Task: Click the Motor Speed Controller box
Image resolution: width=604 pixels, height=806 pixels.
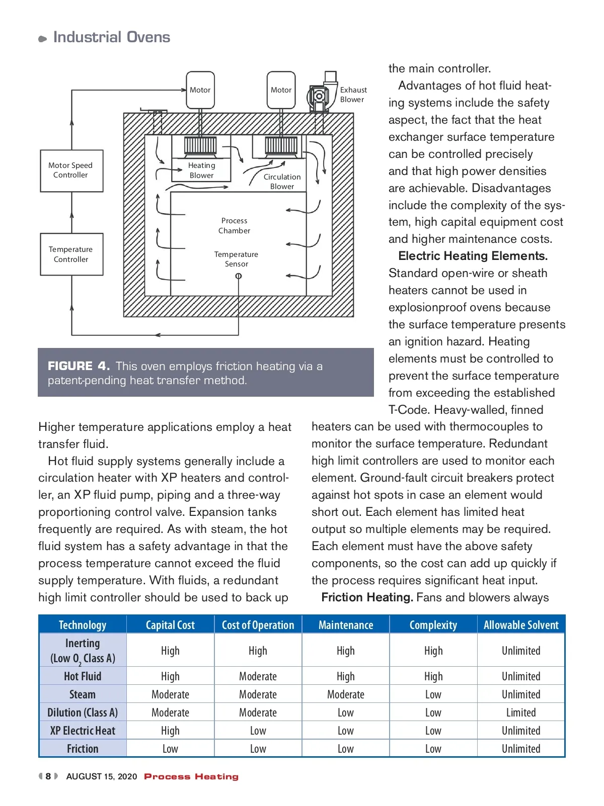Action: [71, 170]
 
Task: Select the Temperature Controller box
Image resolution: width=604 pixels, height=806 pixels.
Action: [71, 254]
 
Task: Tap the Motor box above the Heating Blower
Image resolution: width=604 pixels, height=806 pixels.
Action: [200, 90]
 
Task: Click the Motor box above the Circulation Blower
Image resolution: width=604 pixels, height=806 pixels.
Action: [281, 90]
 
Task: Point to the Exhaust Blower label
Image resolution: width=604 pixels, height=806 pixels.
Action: [353, 95]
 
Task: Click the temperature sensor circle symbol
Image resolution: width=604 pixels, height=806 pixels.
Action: [239, 276]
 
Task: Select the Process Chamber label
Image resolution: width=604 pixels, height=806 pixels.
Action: [234, 226]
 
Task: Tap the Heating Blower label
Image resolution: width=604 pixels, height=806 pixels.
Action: [201, 170]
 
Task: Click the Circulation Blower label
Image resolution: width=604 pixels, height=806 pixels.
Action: [282, 182]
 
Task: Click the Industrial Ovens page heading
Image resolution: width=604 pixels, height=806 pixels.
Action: [111, 37]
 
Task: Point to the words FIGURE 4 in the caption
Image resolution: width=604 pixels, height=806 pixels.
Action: [79, 366]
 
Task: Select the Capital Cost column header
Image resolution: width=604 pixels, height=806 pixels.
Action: [170, 625]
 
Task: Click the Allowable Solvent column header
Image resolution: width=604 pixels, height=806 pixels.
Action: [521, 625]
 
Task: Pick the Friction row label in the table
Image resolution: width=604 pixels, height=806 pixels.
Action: [83, 749]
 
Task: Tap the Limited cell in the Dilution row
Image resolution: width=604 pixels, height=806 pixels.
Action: [521, 712]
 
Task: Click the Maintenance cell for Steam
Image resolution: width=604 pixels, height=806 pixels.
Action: [346, 694]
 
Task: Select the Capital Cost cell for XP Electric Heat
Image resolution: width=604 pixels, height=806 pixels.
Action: [170, 731]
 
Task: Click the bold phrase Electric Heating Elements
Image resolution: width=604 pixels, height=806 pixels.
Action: [473, 256]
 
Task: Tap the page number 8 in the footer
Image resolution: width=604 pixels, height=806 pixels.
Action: [48, 776]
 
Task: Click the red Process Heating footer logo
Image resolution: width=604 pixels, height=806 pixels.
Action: [191, 777]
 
